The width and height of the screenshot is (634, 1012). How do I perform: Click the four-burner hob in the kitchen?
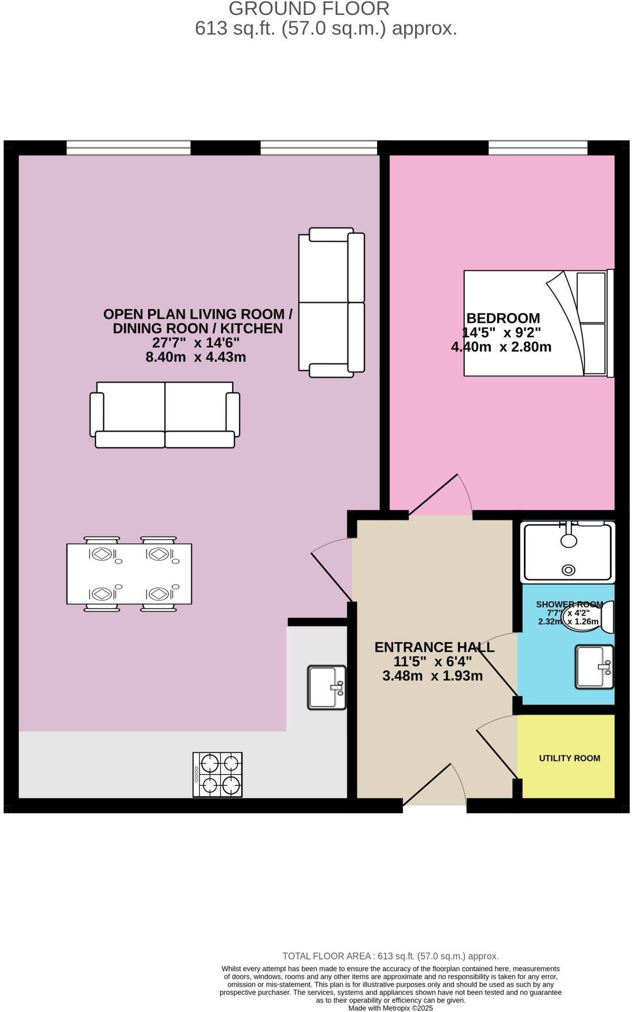pos(217,774)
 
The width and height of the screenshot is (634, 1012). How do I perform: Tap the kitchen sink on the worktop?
pos(326,687)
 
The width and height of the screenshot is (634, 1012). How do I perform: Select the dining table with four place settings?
pos(129,573)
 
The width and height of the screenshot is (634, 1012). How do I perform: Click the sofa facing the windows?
pos(164,414)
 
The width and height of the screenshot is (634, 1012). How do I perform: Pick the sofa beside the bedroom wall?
pos(331,302)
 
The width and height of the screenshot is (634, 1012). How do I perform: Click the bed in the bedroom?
pos(537,323)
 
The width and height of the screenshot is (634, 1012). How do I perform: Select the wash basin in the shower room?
pos(594,666)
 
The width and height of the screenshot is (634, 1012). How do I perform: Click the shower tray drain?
pos(568,570)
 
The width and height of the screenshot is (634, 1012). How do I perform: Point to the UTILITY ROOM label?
pos(569,758)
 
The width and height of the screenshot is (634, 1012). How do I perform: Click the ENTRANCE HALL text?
pos(434,647)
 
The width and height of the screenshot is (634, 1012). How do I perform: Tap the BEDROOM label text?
pos(503,318)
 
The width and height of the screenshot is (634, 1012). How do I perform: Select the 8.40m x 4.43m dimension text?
pos(196,357)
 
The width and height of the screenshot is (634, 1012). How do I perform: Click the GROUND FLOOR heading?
pos(309,9)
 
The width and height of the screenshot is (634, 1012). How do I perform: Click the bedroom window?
pos(538,148)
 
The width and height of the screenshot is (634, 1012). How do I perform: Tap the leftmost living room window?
pos(128,148)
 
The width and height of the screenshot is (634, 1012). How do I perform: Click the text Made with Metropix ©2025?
pos(390,1007)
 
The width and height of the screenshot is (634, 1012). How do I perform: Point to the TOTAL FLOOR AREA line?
pos(390,956)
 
